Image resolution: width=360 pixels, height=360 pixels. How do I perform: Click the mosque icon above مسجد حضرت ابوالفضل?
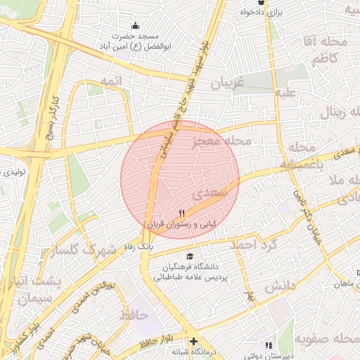pos(136,25)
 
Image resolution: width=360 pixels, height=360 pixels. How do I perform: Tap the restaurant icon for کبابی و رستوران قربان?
pos(182,212)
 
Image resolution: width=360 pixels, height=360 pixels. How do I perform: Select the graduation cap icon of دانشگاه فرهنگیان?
pos(188,257)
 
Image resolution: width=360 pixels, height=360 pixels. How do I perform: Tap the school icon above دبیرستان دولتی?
pos(268,345)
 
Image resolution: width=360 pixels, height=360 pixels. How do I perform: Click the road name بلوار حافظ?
pos(154,343)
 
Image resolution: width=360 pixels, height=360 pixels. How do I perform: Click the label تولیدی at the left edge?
pos(13,171)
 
